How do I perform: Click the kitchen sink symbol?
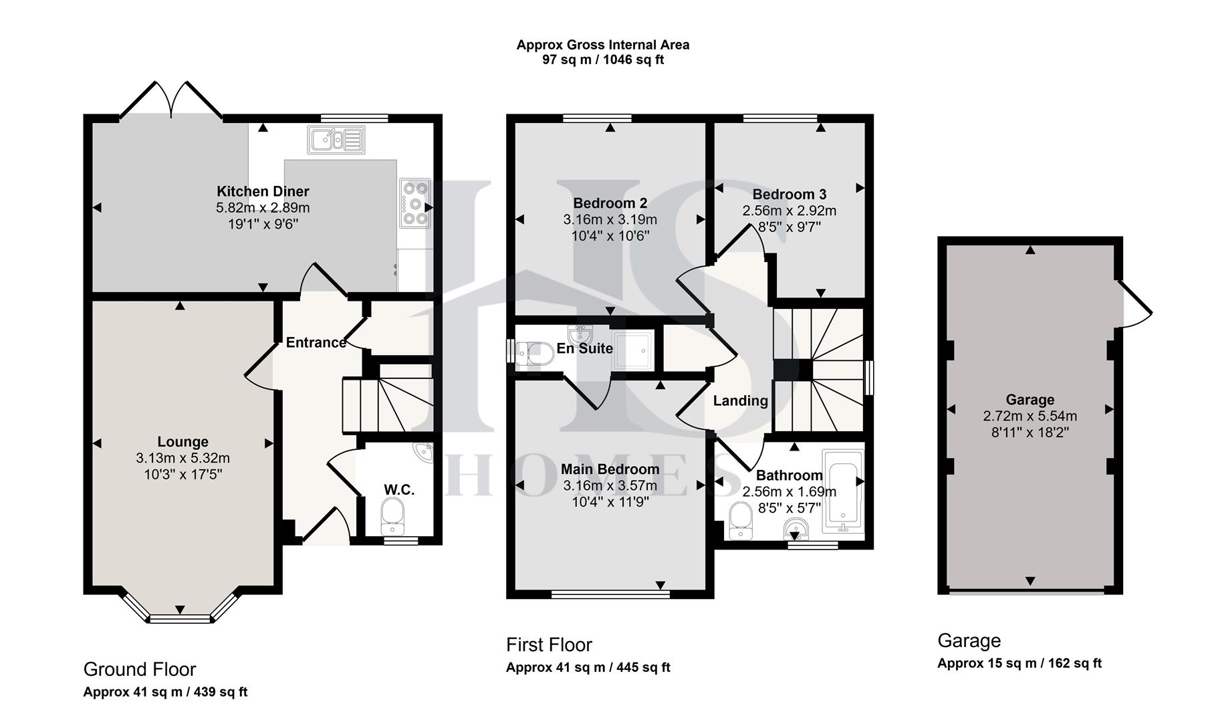click(x=336, y=140)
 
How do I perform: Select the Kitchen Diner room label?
click(x=263, y=192)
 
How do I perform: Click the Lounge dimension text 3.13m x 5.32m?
click(x=183, y=458)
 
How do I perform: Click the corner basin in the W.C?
click(x=424, y=453)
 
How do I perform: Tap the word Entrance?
click(x=316, y=342)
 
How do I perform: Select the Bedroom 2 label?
click(x=610, y=203)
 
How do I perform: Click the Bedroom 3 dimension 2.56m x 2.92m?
click(x=789, y=211)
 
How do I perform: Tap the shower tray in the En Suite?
click(x=629, y=349)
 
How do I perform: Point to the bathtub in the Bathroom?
click(x=844, y=493)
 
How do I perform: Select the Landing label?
click(x=740, y=400)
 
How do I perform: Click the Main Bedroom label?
click(x=610, y=469)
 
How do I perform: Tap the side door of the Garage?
click(x=1134, y=304)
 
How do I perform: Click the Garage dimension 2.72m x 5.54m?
click(x=1030, y=416)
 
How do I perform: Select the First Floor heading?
click(x=549, y=644)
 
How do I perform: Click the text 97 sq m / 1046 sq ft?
click(x=602, y=59)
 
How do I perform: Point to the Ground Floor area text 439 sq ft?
click(x=220, y=692)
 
